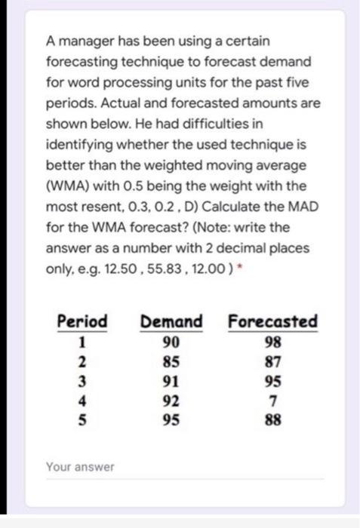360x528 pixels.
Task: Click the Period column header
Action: click(x=82, y=321)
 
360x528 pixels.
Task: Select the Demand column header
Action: click(x=171, y=321)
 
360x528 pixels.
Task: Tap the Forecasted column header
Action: click(x=272, y=321)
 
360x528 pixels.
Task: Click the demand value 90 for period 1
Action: click(x=171, y=340)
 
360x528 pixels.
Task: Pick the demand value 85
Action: click(x=171, y=358)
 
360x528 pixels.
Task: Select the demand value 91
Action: click(x=171, y=375)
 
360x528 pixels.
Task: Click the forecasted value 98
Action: click(x=272, y=340)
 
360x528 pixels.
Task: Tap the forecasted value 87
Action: click(x=272, y=358)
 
